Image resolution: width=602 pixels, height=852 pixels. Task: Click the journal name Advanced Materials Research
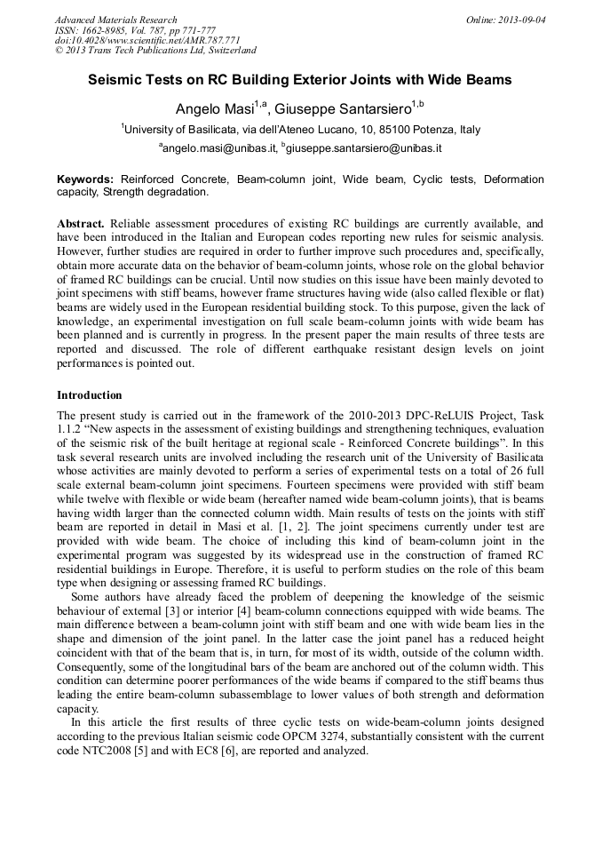[115, 20]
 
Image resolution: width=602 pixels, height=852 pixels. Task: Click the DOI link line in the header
[135, 41]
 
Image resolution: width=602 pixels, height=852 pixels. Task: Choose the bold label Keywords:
[85, 179]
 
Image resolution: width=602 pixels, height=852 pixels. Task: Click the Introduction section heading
[90, 395]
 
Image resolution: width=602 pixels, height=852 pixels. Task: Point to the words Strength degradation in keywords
[155, 192]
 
